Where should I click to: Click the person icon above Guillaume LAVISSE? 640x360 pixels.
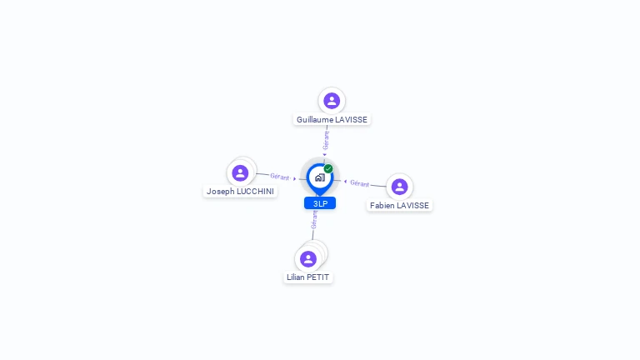[332, 100]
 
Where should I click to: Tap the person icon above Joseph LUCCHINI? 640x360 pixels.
[240, 173]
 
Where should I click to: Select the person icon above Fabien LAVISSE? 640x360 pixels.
[400, 187]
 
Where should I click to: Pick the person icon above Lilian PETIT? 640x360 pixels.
[308, 259]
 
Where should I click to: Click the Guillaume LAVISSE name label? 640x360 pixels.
[332, 120]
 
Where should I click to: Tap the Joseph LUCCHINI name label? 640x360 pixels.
[240, 192]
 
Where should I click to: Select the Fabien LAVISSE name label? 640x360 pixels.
[400, 206]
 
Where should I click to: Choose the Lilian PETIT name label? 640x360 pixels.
[308, 277]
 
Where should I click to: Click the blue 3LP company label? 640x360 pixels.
[320, 203]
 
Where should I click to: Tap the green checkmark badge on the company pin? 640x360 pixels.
[328, 168]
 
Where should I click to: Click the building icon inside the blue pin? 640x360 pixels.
[320, 177]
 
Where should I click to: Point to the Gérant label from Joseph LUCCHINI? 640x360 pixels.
[280, 177]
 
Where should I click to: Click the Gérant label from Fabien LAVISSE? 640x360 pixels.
[360, 183]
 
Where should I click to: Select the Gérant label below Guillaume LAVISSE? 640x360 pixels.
[326, 140]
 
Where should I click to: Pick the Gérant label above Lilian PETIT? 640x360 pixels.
[314, 220]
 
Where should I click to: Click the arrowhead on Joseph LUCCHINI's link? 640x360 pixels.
[295, 178]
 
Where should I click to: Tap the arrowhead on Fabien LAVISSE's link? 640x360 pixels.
[345, 182]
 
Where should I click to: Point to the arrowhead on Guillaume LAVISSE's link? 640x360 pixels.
[325, 155]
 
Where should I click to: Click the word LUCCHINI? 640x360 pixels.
[256, 192]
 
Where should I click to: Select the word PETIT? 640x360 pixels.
[318, 277]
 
